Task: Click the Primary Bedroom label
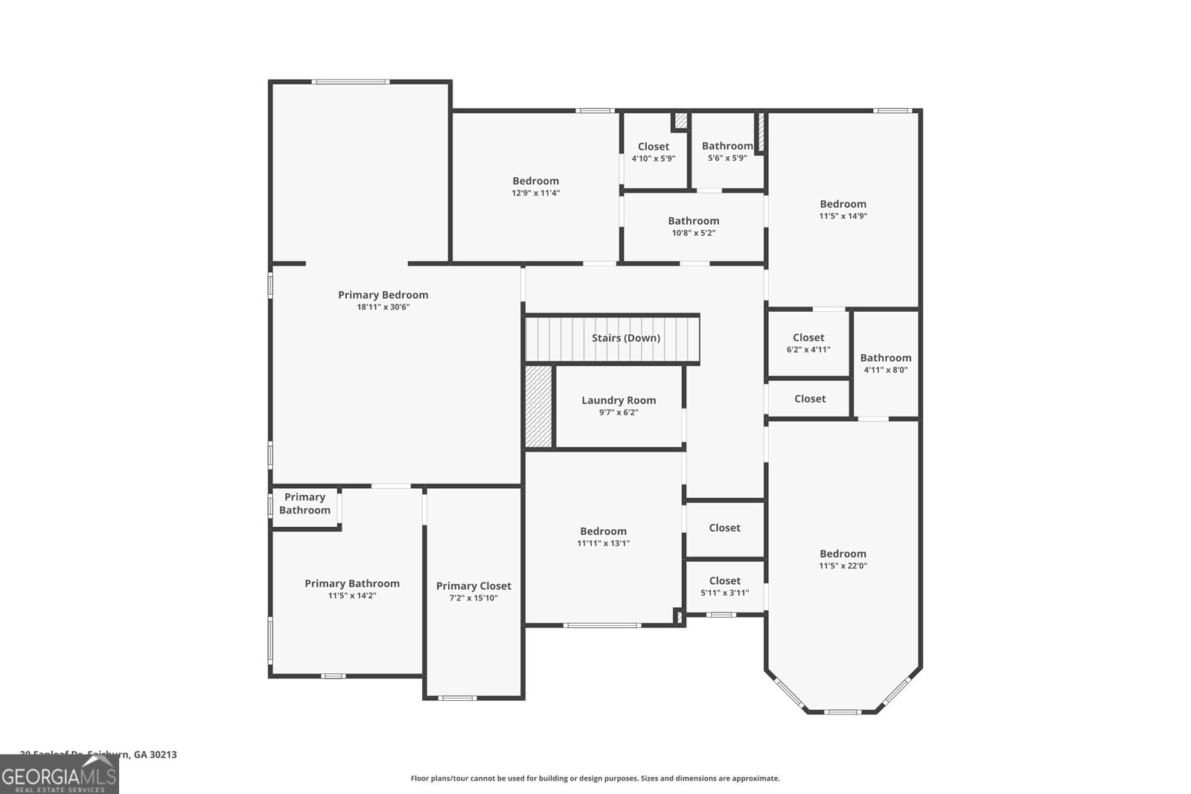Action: click(383, 295)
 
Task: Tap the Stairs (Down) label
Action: click(625, 338)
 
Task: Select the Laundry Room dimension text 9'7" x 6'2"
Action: click(619, 412)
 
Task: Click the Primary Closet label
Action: click(473, 586)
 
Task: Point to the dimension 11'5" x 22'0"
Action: click(843, 566)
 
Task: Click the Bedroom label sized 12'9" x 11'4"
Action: click(535, 181)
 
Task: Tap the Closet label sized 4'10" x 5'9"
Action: click(653, 147)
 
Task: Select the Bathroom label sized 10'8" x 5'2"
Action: click(693, 221)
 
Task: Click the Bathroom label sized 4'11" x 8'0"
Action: click(885, 358)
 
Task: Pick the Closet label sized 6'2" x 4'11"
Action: click(808, 338)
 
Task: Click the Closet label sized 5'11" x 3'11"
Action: click(724, 581)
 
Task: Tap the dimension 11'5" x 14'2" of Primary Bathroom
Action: click(352, 595)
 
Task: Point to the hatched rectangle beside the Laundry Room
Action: click(538, 406)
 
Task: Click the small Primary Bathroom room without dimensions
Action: click(304, 504)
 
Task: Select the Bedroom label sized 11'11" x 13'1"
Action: click(603, 531)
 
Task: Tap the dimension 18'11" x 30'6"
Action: click(383, 307)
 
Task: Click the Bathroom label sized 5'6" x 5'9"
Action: click(727, 147)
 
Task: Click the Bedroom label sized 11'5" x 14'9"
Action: click(843, 204)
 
